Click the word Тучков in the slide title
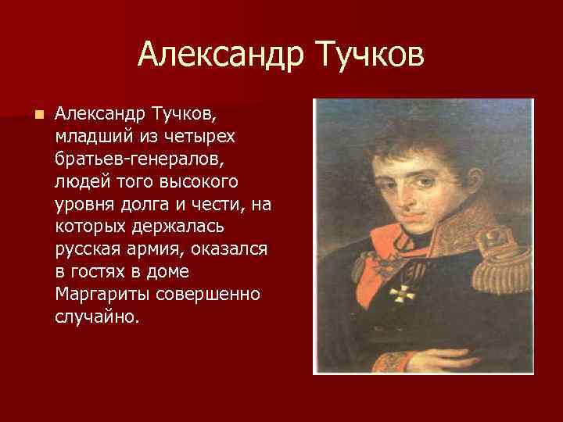(x=368, y=55)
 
